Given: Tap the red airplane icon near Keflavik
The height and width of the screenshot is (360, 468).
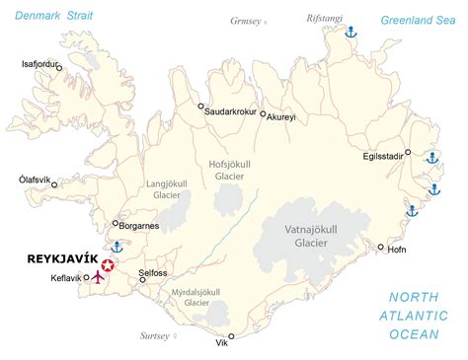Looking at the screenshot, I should [97, 277].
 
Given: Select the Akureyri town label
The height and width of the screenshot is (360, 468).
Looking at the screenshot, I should [280, 117].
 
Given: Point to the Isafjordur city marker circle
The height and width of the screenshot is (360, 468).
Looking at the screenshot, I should [59, 68].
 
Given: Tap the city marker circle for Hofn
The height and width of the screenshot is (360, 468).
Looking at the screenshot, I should [381, 248].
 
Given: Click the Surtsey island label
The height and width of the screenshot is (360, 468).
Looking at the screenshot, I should [154, 335].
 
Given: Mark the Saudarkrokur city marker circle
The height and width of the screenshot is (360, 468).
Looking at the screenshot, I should [201, 107].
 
